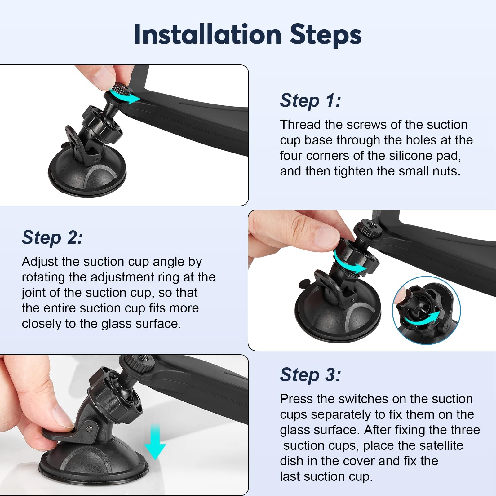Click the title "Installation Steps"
[x=248, y=35]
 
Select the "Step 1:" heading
[x=310, y=100]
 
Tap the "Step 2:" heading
[x=52, y=237]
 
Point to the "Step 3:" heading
[x=310, y=375]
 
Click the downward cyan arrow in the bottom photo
[x=155, y=442]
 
